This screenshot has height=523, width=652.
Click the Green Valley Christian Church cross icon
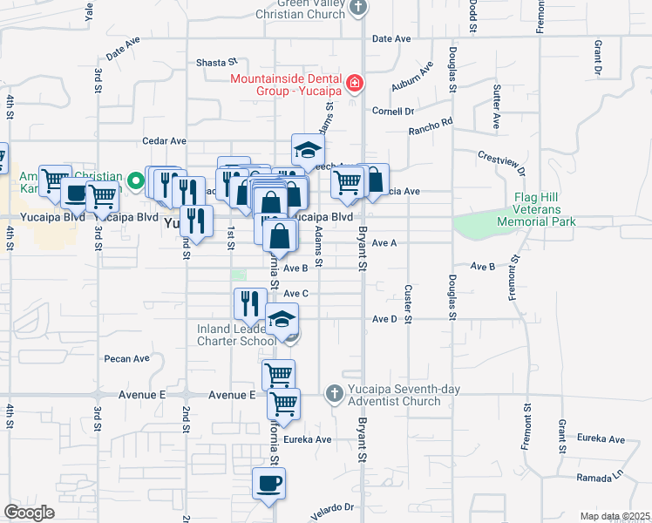357,9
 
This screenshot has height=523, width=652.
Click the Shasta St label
216,63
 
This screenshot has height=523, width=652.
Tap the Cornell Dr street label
392,112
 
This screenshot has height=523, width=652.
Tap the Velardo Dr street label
333,506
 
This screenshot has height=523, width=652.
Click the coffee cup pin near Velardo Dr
268,483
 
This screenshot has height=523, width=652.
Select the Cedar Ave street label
165,140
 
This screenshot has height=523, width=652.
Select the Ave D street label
384,320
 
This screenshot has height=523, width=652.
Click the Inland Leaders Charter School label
236,335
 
